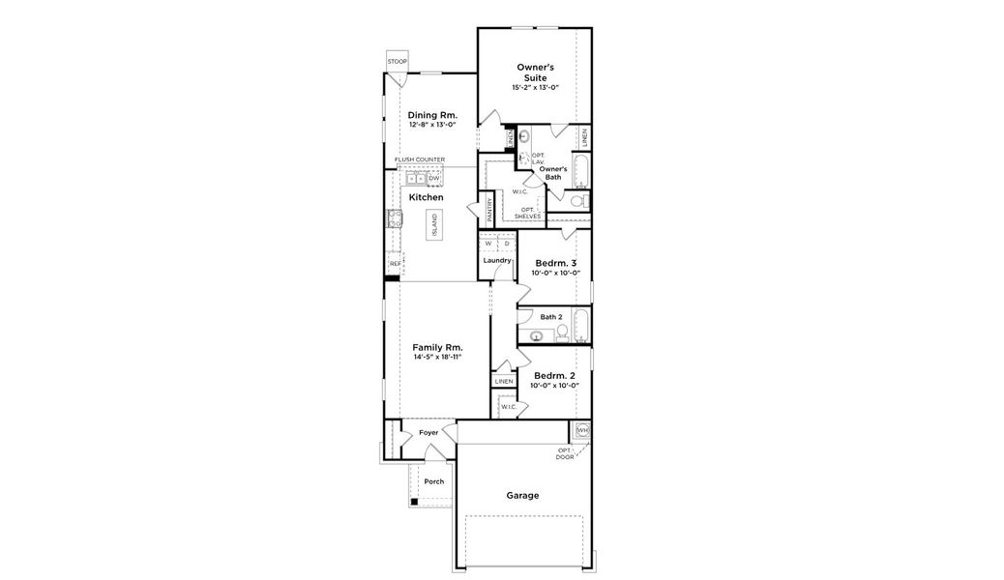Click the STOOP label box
point(397,62)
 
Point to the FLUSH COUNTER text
point(419,159)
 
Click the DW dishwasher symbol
point(434,179)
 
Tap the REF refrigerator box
point(395,263)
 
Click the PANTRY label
point(490,211)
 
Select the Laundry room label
point(497,260)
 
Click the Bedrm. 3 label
point(555,263)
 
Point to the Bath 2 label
point(550,316)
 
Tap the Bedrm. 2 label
point(554,375)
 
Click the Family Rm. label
point(437,347)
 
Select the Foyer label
point(428,432)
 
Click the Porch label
point(434,480)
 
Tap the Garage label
point(522,495)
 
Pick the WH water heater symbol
point(582,429)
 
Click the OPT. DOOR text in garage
point(565,453)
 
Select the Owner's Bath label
point(552,173)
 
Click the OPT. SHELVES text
point(528,213)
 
